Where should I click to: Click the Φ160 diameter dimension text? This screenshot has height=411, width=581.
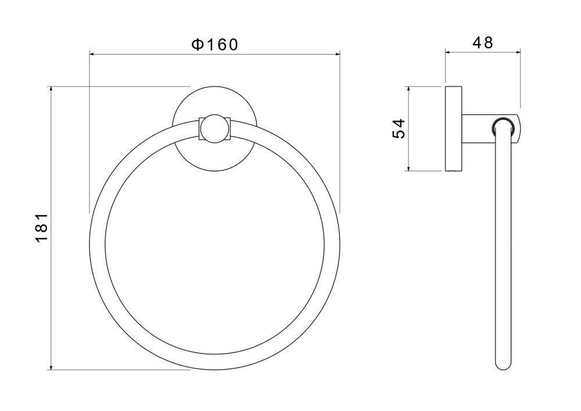214,45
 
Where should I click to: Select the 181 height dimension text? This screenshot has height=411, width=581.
42,228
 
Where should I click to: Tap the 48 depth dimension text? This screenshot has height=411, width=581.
483,43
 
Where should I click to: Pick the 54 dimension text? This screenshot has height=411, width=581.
399,128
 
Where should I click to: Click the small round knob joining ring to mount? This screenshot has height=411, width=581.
215,128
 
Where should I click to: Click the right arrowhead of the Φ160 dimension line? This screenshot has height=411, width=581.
336,55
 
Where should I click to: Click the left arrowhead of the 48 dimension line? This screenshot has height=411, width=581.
449,52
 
